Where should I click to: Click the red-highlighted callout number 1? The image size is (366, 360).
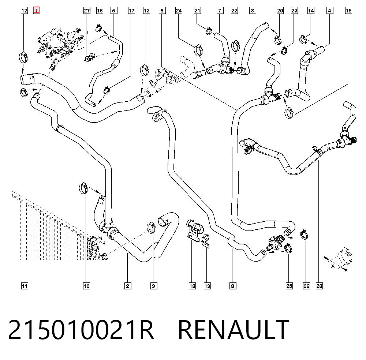coord(36,11)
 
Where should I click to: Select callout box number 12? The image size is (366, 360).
coord(24,11)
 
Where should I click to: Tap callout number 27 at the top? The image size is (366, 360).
coord(87,11)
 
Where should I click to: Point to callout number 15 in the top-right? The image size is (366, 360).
coord(348,11)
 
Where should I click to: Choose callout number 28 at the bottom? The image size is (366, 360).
coord(319,286)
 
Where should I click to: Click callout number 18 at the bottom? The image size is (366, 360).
coord(193,286)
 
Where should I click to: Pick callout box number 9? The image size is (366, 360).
coord(153,286)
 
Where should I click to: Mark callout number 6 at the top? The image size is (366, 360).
coord(162,11)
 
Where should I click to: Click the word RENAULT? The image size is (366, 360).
coord(234,329)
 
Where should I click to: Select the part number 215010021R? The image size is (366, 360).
coord(81,329)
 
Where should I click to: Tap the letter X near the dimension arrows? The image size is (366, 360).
coord(333,266)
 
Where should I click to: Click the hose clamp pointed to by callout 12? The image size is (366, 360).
coord(23,57)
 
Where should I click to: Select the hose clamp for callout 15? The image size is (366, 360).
coord(289,112)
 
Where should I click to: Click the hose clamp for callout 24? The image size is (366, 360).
coord(198,49)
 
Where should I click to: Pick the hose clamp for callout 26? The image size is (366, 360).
coord(304,234)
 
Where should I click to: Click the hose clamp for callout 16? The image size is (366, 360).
coord(99,29)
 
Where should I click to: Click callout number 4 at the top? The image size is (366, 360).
coord(330,11)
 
